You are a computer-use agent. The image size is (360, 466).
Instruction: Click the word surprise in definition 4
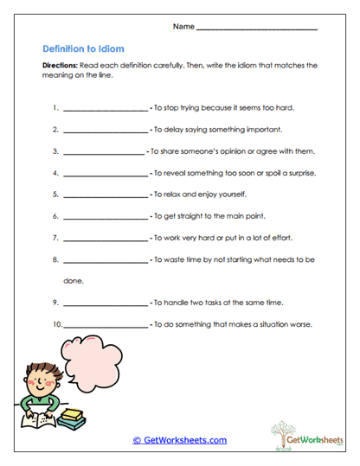tap(299, 173)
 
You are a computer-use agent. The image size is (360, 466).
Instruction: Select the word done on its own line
tap(73, 281)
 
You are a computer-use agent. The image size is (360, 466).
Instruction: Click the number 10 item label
tap(57, 324)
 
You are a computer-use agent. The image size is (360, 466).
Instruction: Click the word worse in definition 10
tap(299, 324)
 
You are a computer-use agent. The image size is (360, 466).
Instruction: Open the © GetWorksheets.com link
tap(179, 440)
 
